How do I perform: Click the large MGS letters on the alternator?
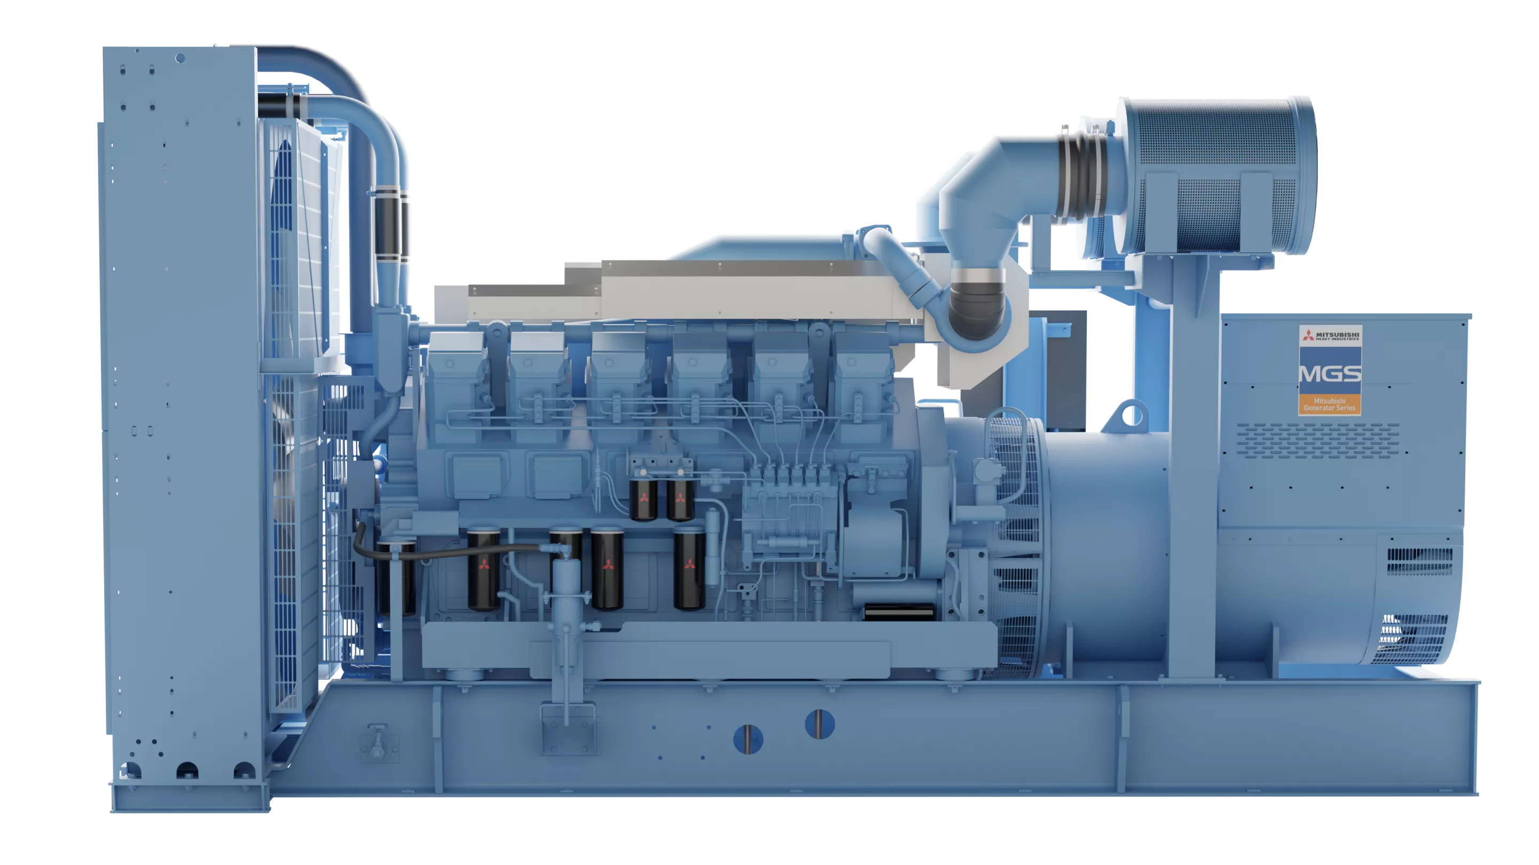coord(1330,374)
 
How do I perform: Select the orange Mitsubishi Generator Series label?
coord(1330,404)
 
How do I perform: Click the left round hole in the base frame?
coord(748,739)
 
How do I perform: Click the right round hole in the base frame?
coord(820,724)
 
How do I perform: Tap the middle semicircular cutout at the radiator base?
coord(186,770)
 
